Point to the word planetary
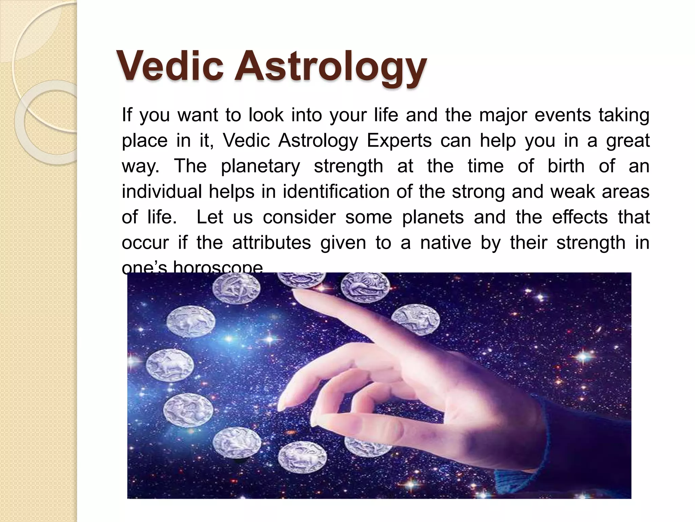point(260,167)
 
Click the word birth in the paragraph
point(566,166)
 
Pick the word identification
point(336,191)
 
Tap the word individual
point(162,191)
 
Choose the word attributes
point(271,243)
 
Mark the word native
point(446,243)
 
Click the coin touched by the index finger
point(301,280)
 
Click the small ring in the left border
point(48,122)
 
